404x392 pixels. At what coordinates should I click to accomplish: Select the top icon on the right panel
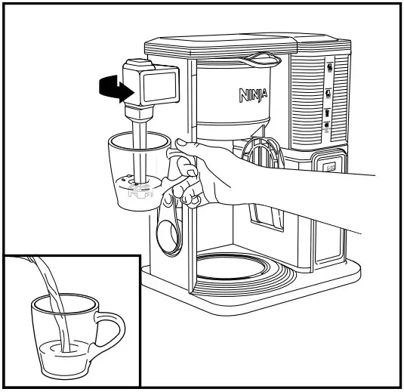pyautogui.click(x=329, y=68)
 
